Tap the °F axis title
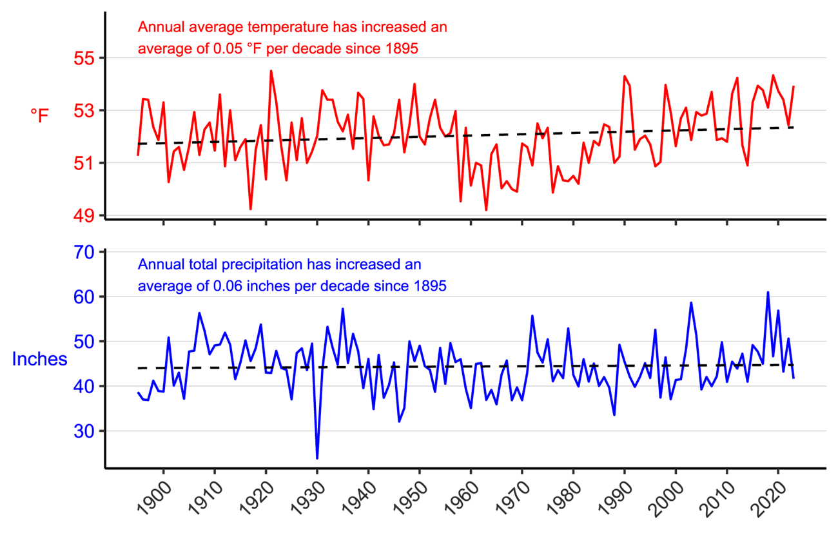pos(39,116)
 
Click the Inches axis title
pos(39,359)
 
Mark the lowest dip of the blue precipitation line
pos(317,458)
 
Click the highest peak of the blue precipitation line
pos(768,293)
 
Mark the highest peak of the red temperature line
pos(271,71)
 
